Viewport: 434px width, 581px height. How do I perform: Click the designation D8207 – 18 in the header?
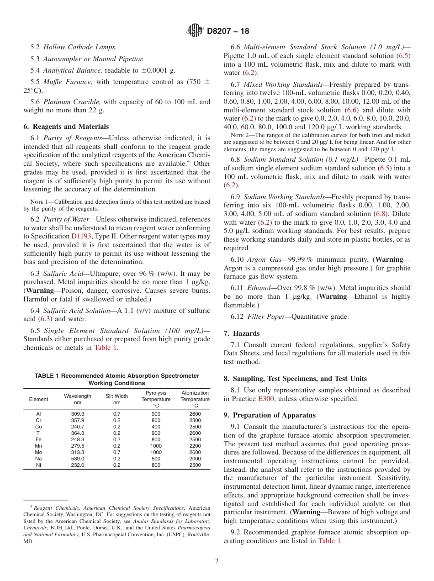pos(228,32)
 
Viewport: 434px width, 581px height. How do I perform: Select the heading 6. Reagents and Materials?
pos(66,127)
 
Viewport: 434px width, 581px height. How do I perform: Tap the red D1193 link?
pos(81,236)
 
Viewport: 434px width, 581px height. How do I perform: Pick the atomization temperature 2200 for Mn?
pos(195,446)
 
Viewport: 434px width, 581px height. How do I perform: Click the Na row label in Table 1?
pos(38,459)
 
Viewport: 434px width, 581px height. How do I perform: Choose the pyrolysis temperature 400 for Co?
pos(156,427)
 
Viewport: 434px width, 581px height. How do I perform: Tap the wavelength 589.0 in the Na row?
pos(78,459)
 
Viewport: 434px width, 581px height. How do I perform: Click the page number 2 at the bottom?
pos(217,561)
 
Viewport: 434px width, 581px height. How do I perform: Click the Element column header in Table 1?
pos(38,399)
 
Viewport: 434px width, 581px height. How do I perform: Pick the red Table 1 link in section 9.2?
pos(329,541)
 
